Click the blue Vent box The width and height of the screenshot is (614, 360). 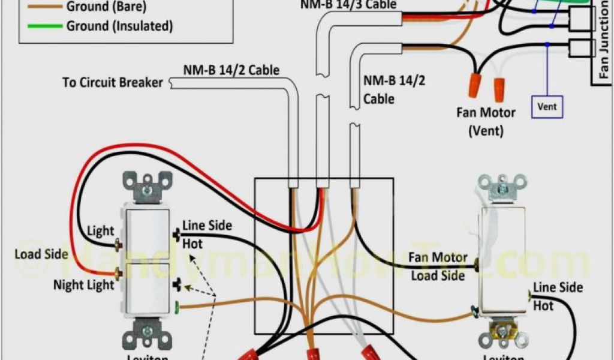click(546, 106)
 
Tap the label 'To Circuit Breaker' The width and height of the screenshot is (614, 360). click(113, 82)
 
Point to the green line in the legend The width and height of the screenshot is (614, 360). click(41, 26)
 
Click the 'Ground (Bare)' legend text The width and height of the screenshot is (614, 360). click(106, 8)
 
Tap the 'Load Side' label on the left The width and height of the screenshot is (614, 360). click(41, 254)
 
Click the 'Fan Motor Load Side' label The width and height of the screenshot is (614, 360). click(438, 266)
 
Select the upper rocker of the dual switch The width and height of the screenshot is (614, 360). click(147, 234)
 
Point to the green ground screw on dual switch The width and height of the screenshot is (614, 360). click(178, 307)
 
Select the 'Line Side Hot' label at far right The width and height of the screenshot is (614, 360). click(558, 296)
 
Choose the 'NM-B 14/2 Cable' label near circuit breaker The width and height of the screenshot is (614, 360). click(231, 70)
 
